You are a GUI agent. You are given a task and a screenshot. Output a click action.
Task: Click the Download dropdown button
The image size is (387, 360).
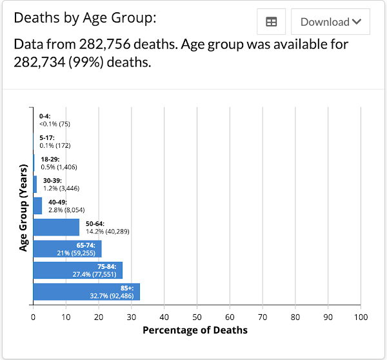coord(330,22)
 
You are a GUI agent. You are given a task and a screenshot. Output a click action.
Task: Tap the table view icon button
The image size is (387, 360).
coord(272,22)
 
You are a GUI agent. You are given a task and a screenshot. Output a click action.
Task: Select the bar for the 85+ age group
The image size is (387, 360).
coord(86,292)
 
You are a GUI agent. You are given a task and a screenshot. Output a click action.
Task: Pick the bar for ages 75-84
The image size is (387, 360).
coord(77,270)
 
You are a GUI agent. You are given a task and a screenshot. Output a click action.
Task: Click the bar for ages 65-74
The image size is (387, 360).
coord(67,248)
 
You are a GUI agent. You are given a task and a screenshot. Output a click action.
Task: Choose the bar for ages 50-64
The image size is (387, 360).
coord(56,227)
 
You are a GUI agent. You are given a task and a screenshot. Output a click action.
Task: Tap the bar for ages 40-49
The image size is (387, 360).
coord(37,206)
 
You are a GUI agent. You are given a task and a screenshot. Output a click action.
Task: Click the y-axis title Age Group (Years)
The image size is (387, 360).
coord(23,206)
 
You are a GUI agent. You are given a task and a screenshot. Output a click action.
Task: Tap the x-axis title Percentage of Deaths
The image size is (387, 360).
coord(195,330)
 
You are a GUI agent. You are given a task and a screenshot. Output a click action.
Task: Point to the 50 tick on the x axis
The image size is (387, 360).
coord(197,317)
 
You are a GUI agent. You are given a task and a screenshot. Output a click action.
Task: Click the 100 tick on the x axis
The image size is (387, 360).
coord(361,317)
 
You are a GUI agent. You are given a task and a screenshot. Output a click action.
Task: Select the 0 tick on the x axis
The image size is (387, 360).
coord(33,317)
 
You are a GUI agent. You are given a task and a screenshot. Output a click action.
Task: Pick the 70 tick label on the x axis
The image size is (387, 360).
coord(263,317)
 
